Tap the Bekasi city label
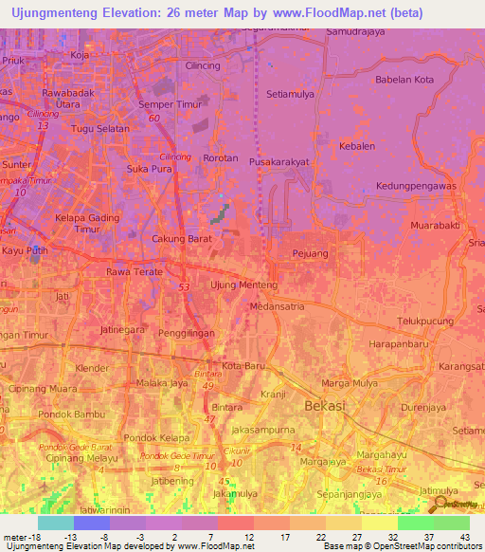point(325,406)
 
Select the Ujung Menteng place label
point(243,285)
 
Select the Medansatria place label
point(277,306)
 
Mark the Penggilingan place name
point(187,334)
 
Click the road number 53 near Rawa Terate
point(184,285)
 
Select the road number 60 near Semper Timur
point(153,118)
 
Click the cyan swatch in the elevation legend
point(55,523)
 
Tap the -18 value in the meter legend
point(29,536)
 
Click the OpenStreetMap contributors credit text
point(426,546)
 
